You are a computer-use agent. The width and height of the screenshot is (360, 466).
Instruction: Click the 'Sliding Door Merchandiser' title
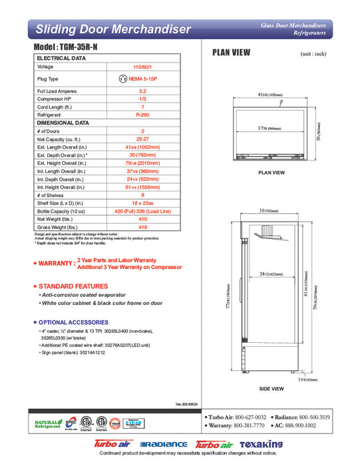[x=113, y=29]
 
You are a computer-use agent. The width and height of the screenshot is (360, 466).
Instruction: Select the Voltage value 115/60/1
[x=142, y=67]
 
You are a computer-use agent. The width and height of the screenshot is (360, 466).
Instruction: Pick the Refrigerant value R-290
[x=142, y=115]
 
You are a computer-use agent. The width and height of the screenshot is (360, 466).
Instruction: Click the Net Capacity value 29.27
[x=142, y=139]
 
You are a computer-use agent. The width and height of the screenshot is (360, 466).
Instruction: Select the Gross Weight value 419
[x=142, y=227]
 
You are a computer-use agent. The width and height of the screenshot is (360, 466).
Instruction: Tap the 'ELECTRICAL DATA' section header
[x=61, y=59]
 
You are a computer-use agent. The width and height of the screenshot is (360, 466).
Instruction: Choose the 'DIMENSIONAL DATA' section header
[x=63, y=123]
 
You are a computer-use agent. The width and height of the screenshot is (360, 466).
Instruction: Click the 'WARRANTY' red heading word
[x=57, y=264]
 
